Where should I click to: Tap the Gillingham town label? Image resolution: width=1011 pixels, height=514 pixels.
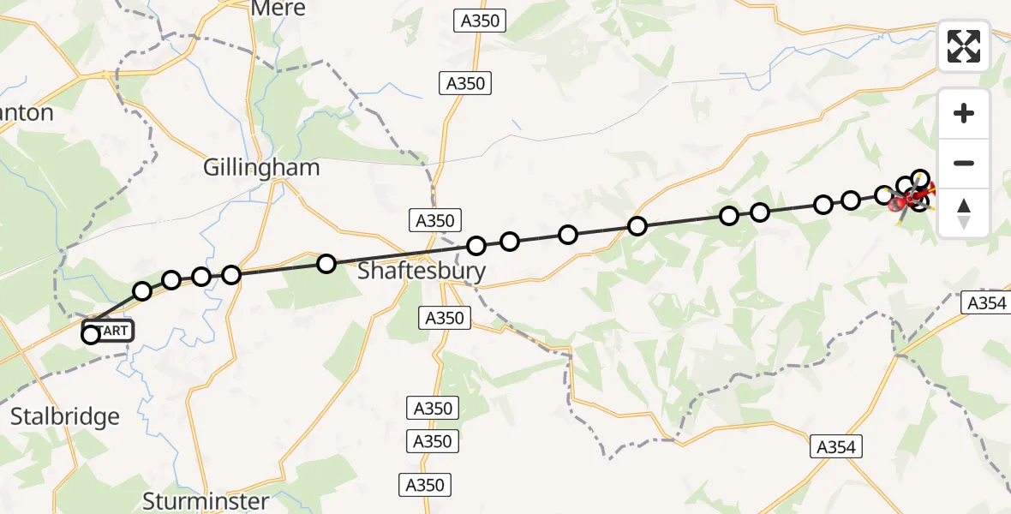pos(261,167)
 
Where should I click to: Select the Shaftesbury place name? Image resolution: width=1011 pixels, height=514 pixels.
pos(421,272)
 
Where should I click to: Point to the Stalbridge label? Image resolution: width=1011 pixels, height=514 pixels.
pos(65,417)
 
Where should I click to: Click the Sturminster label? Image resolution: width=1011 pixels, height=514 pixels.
pos(206,500)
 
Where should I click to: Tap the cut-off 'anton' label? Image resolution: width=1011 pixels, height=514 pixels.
pos(27,113)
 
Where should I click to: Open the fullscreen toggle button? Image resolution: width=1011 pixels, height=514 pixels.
pos(964,46)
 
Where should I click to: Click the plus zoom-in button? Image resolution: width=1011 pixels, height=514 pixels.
pos(964,113)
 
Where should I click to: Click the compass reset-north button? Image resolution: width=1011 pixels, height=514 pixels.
pos(964,213)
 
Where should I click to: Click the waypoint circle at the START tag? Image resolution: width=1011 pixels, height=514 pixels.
pos(91,335)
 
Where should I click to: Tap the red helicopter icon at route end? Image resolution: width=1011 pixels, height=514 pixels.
pos(910,200)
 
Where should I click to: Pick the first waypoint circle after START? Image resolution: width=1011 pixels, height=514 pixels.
pos(142,291)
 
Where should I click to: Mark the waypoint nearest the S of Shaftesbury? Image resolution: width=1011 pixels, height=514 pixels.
pos(326,263)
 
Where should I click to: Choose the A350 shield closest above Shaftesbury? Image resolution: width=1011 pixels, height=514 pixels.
pos(434,220)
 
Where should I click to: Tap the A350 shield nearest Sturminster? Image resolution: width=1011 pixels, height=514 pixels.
pos(425,485)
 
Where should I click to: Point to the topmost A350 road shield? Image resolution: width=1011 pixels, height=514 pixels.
pos(479,21)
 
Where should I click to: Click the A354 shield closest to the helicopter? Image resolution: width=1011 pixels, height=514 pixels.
pos(986,302)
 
